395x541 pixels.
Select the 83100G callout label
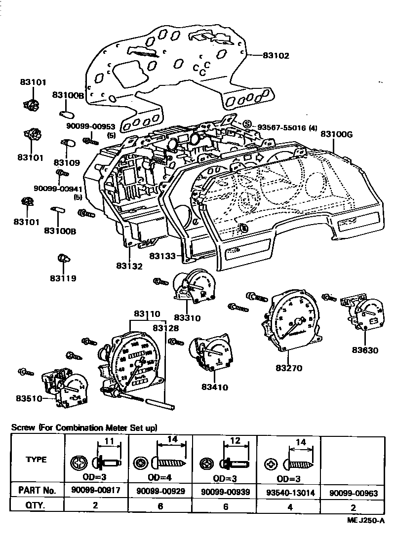click(337, 134)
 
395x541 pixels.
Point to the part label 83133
click(162, 256)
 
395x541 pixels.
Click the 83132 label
click(129, 266)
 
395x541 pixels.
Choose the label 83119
click(63, 278)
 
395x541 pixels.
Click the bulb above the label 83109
click(67, 144)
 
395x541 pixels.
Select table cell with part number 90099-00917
click(97, 492)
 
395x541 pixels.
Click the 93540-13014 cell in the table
click(289, 492)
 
